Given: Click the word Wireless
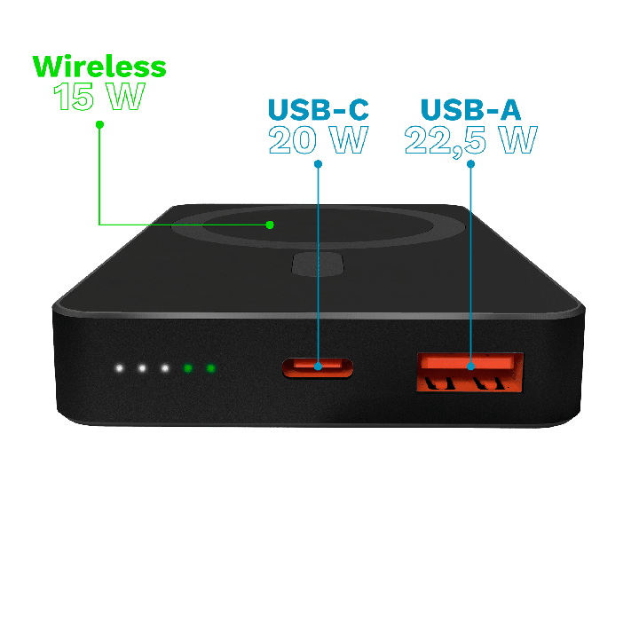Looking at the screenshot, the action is click(99, 67).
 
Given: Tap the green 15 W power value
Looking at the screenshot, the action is click(99, 96).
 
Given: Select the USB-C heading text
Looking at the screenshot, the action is click(319, 109).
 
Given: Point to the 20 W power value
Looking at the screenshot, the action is click(319, 140).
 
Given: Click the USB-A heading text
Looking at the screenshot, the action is click(470, 109).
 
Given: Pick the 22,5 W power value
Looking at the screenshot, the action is click(470, 141).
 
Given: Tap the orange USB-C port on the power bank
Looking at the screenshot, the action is click(318, 367).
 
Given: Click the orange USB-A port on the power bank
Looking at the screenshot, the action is click(469, 372).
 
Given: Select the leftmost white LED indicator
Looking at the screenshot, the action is click(119, 368).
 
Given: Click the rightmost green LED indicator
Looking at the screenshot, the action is click(210, 368).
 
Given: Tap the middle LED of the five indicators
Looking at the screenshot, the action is click(165, 368).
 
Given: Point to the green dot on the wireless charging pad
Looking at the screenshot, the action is click(270, 225).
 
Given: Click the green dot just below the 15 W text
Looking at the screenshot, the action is click(99, 124).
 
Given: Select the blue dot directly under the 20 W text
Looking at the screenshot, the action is click(319, 164).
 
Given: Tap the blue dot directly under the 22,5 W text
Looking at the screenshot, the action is click(470, 164).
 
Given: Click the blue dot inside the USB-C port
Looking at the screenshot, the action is click(319, 366).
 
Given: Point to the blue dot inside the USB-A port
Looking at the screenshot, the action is click(470, 366).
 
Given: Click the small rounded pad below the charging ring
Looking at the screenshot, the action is click(318, 264).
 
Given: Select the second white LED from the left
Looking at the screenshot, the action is click(142, 368).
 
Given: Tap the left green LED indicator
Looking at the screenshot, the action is click(187, 368).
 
